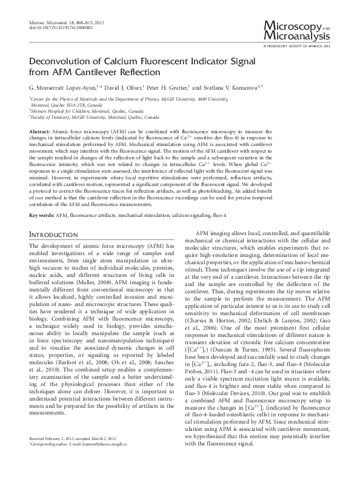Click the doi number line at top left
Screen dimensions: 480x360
click(x=55, y=27)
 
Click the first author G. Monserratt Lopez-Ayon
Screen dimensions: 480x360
click(x=62, y=87)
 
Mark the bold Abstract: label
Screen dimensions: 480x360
click(x=40, y=131)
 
